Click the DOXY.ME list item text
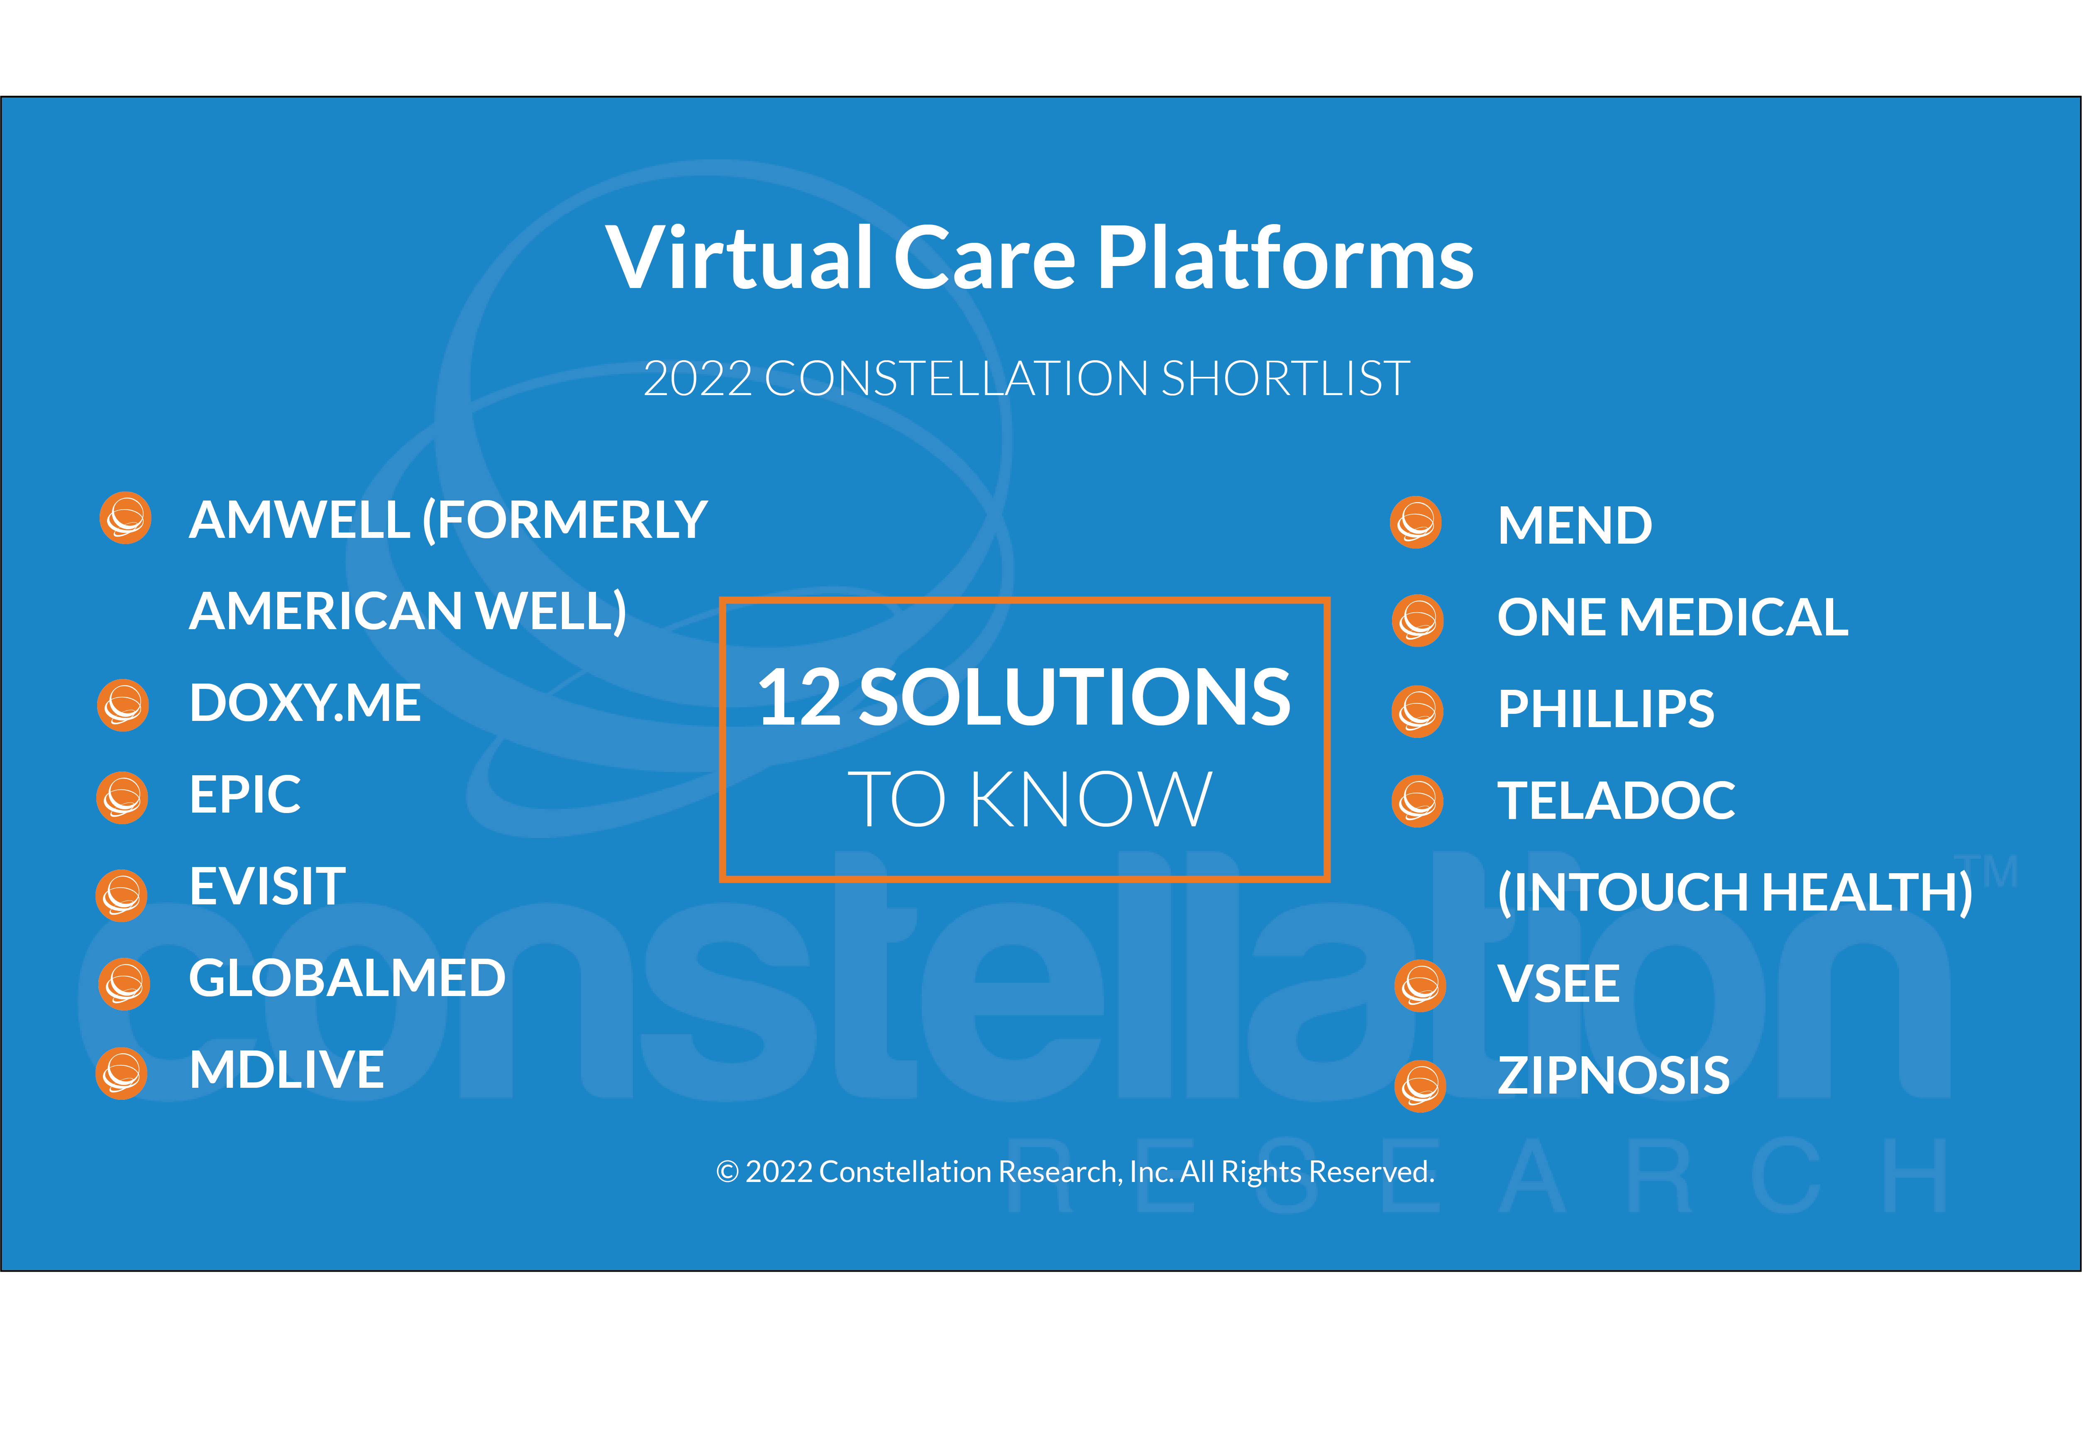pyautogui.click(x=305, y=703)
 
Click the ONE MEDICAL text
pyautogui.click(x=1672, y=618)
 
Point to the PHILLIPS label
pyautogui.click(x=1606, y=709)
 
